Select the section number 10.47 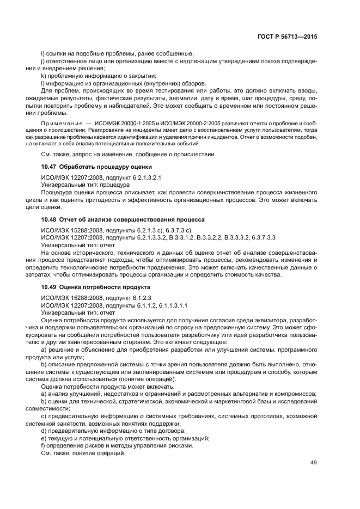(x=50, y=166)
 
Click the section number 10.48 (x=50, y=219)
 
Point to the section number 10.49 (x=50, y=286)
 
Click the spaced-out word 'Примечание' (x=62, y=125)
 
